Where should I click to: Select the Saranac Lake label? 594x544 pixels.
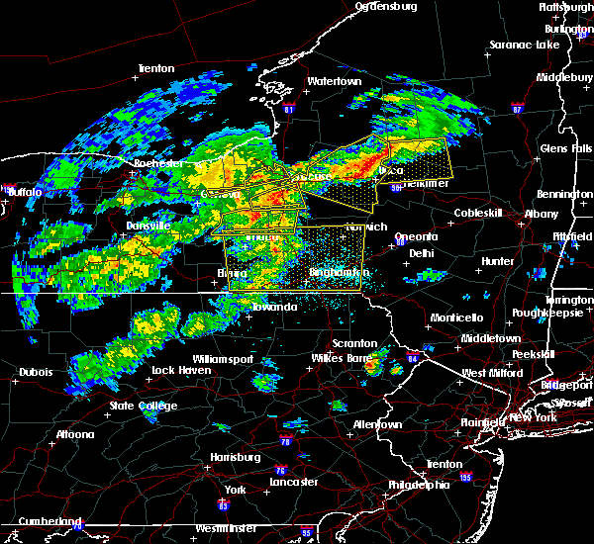524,45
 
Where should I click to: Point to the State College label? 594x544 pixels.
144,406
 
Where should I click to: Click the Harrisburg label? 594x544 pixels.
235,457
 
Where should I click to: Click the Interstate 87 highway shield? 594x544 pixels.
518,105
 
